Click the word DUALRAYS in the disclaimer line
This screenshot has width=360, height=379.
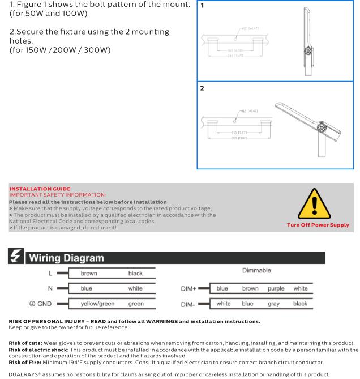tap(21, 373)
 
